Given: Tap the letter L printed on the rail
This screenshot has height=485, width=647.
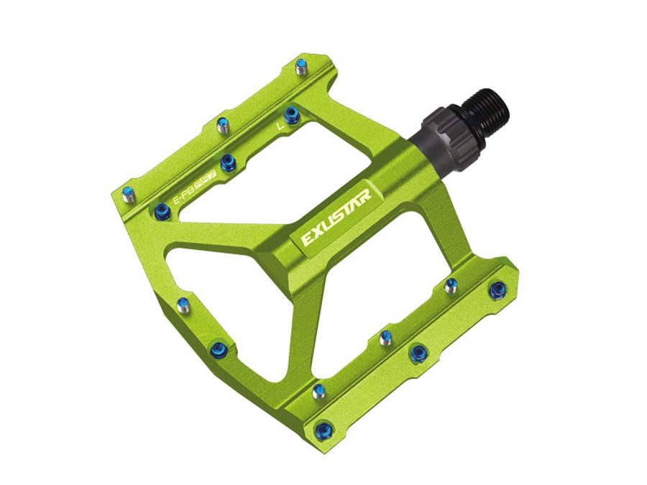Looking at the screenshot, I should tap(280, 126).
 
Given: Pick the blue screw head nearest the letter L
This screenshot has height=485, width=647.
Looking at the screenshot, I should tap(291, 114).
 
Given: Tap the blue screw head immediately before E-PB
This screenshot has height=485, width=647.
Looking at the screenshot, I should tap(162, 211).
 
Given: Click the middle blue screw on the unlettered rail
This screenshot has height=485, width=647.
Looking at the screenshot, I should tap(418, 353).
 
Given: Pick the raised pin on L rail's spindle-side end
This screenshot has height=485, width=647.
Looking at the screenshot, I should tap(301, 68).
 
